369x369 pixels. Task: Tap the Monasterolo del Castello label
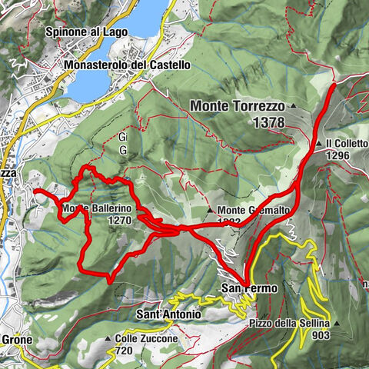point(128,65)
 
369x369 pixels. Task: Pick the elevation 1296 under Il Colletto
point(338,155)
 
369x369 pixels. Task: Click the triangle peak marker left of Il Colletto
point(318,144)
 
